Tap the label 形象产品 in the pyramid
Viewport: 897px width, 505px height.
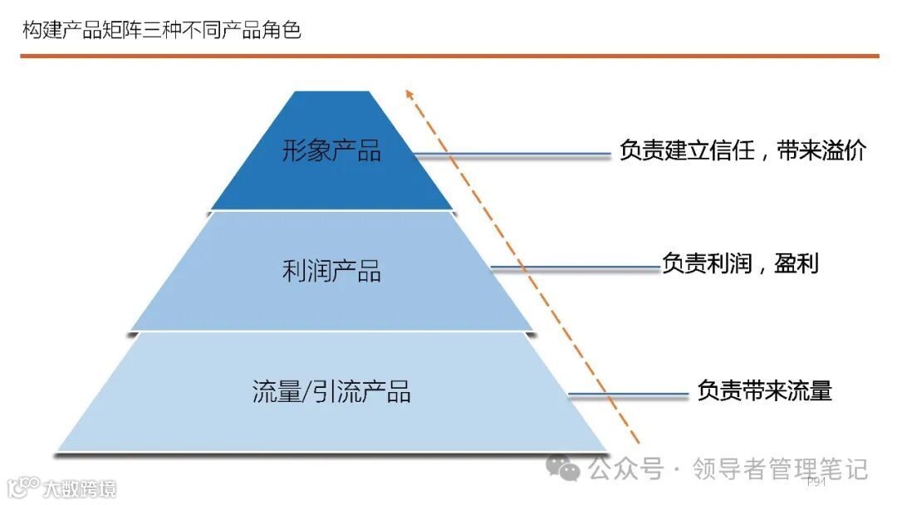331,151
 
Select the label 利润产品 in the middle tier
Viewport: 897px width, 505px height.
331,271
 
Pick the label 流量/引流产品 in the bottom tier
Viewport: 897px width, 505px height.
331,391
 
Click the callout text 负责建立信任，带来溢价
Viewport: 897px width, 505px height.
743,151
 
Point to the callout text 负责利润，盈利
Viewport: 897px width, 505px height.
740,264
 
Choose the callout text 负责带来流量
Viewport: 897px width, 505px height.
764,390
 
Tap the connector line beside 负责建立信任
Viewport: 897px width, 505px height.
515,154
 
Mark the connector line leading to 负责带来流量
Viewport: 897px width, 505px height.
628,395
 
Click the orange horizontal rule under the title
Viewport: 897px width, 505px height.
448,56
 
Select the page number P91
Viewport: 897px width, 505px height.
816,482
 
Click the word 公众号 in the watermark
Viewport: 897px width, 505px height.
626,469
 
